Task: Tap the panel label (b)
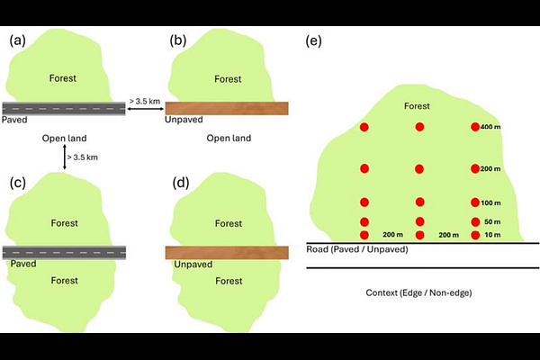click(177, 40)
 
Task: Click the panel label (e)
click(314, 41)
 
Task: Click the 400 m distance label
click(490, 127)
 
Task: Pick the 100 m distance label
click(490, 202)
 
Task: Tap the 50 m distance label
click(490, 221)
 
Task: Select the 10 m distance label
click(490, 235)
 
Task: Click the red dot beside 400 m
click(475, 127)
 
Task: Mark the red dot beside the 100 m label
click(475, 202)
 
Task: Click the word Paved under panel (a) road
click(14, 119)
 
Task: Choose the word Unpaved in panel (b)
click(184, 119)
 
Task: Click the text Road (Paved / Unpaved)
click(357, 249)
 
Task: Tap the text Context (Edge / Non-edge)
click(419, 293)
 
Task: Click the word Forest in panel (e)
click(417, 106)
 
